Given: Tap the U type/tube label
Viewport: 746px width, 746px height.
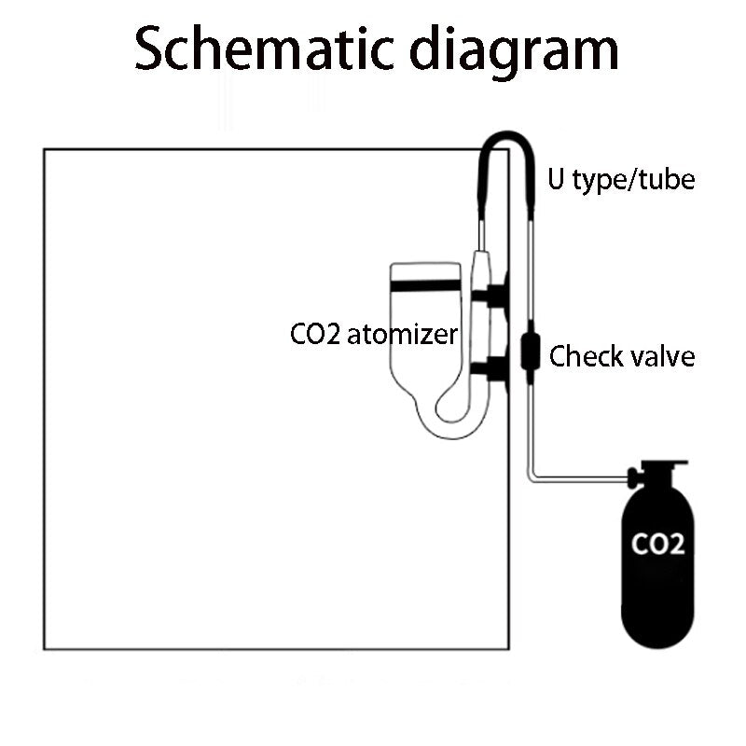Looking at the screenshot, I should pyautogui.click(x=621, y=178).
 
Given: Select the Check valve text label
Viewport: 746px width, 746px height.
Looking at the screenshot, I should pyautogui.click(x=622, y=356).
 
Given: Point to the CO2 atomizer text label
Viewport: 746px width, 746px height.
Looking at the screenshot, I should pyautogui.click(x=374, y=334).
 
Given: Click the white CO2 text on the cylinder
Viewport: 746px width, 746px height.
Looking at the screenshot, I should pyautogui.click(x=658, y=543).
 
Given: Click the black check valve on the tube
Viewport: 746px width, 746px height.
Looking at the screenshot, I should pyautogui.click(x=530, y=350).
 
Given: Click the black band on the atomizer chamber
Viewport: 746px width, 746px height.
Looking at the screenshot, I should pyautogui.click(x=424, y=286).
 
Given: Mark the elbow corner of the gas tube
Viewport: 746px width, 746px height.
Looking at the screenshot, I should pyautogui.click(x=532, y=479).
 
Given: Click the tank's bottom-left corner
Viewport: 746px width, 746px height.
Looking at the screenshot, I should pyautogui.click(x=45, y=647).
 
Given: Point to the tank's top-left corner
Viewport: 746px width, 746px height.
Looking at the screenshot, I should pyautogui.click(x=45, y=149).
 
